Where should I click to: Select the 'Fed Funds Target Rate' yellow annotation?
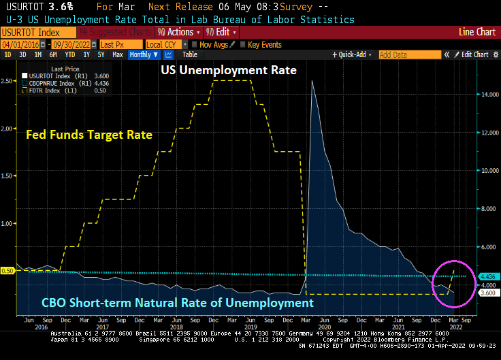pos(88,135)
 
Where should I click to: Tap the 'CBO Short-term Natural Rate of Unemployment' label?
pos(178,303)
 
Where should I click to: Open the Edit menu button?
pos(223,32)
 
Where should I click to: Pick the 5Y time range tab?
pos(101,54)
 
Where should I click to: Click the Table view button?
pos(189,54)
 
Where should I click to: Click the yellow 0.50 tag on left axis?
pos(7,271)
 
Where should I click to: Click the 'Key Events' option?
pos(264,44)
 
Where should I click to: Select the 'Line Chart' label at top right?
pos(476,32)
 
